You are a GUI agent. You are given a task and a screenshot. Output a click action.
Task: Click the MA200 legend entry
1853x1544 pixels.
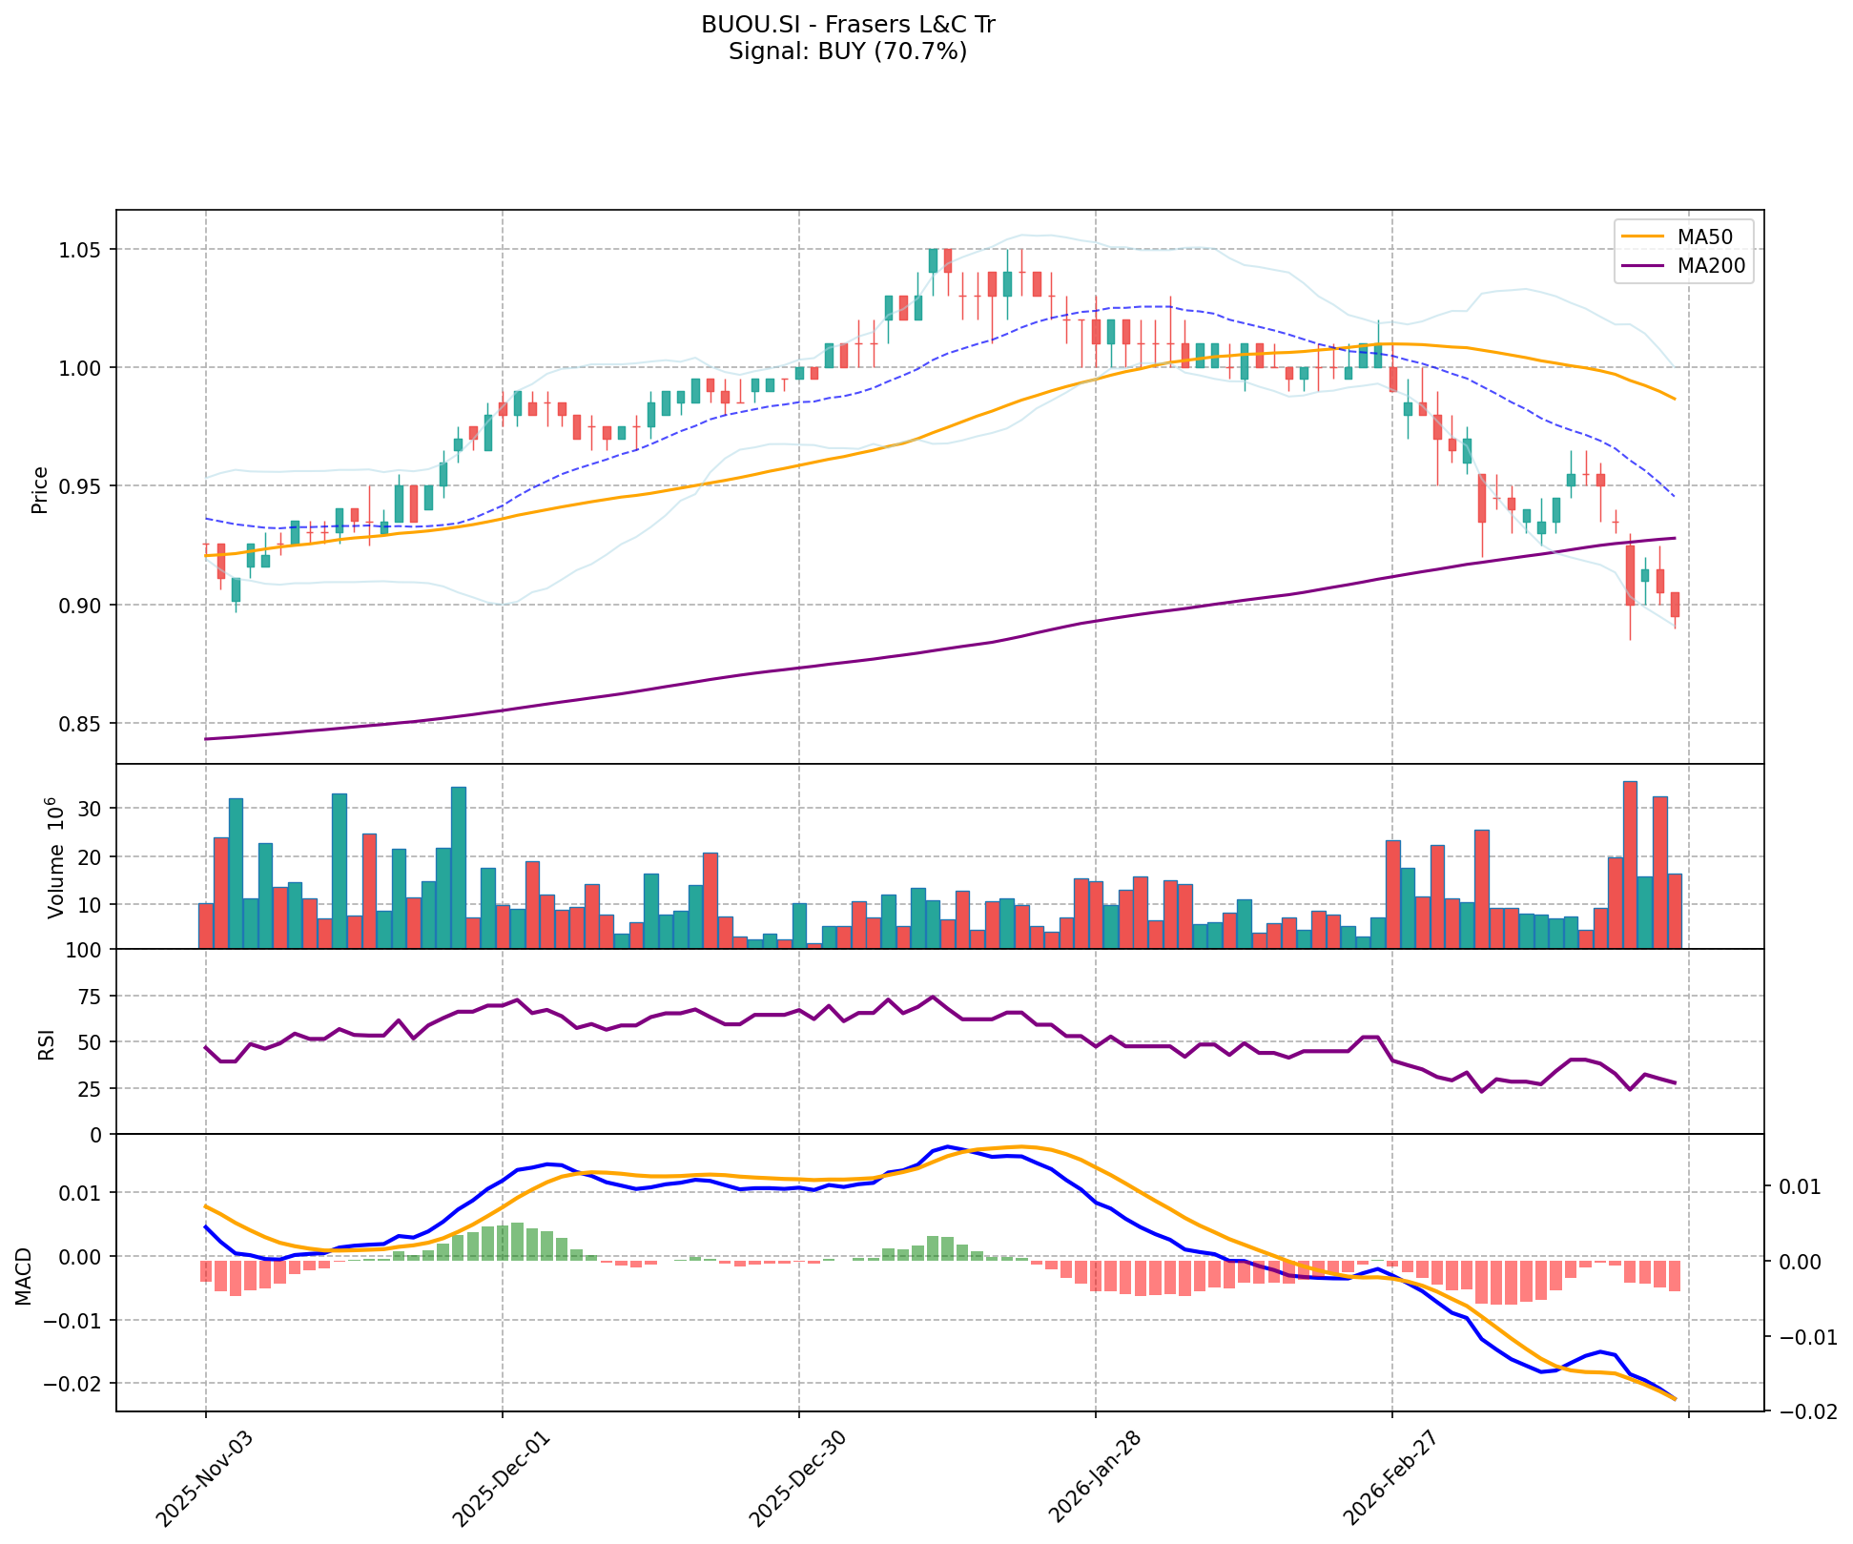[x=1711, y=266]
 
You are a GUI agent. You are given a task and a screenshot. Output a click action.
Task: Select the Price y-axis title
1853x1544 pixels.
[x=40, y=490]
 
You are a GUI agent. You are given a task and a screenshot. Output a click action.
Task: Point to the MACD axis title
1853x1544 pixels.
[x=25, y=1276]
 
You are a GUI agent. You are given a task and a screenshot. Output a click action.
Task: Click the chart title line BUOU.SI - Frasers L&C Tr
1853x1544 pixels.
[x=848, y=25]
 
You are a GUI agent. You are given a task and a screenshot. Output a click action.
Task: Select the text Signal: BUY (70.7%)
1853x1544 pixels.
[x=848, y=51]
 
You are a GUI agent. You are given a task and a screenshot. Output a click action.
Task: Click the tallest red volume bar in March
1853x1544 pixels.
[x=1630, y=864]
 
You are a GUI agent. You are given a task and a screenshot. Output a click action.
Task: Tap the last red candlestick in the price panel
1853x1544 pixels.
[x=1675, y=605]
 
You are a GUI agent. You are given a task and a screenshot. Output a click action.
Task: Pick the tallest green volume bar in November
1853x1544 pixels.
[x=459, y=867]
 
